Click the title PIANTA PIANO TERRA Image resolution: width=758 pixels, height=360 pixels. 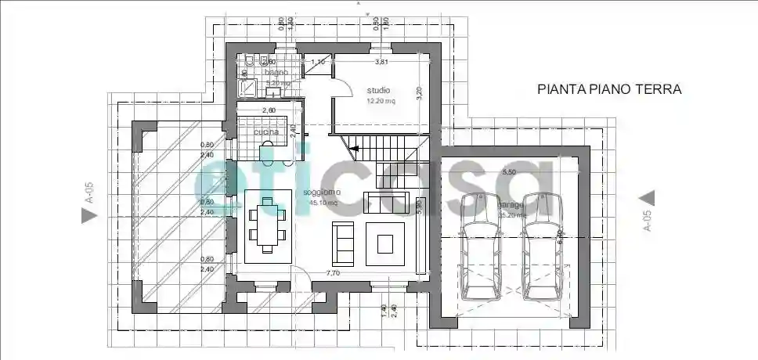tap(609, 89)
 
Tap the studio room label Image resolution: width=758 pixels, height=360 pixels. tap(378, 90)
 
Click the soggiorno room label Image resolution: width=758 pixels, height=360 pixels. tap(319, 193)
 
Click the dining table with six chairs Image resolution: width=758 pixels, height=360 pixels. tap(269, 225)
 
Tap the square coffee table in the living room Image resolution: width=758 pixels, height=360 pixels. tap(386, 243)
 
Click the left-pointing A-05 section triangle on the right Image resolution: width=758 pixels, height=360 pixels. tap(648, 198)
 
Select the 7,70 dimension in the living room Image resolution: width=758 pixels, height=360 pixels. tap(333, 274)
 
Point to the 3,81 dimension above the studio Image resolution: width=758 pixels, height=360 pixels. tap(381, 61)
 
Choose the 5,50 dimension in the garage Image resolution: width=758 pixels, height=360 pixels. tap(508, 171)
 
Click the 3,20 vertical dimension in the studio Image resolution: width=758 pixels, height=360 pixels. tap(419, 92)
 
